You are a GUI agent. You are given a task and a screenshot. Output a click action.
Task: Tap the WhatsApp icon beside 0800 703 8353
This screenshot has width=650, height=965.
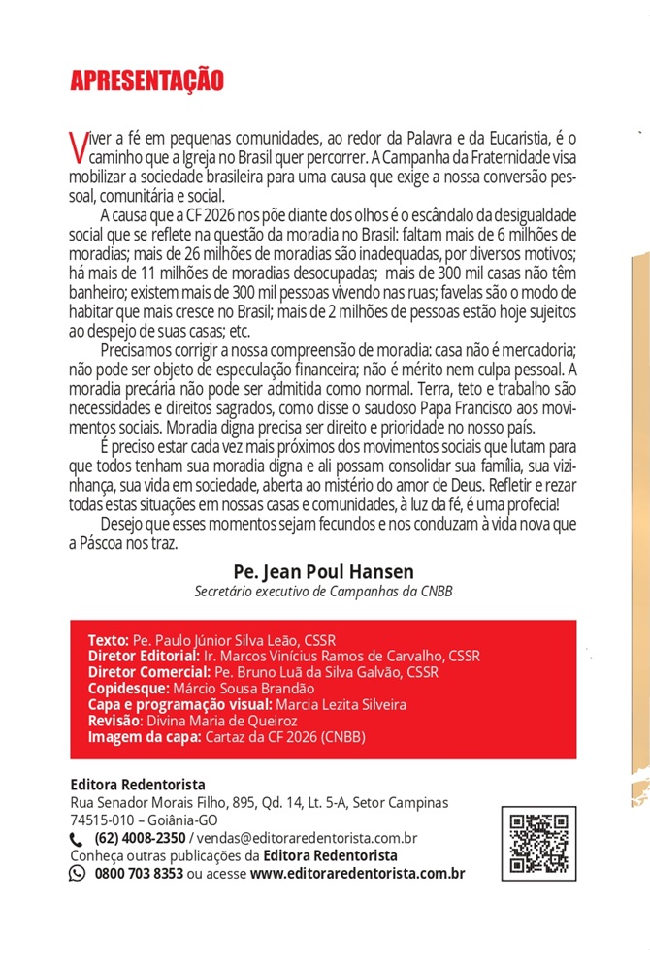[78, 873]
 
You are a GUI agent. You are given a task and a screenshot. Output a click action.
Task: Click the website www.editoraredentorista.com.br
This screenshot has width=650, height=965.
[357, 873]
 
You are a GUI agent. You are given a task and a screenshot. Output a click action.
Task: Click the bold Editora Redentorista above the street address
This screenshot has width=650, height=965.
[138, 785]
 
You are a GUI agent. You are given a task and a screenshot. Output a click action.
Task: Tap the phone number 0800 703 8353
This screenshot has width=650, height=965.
[139, 873]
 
